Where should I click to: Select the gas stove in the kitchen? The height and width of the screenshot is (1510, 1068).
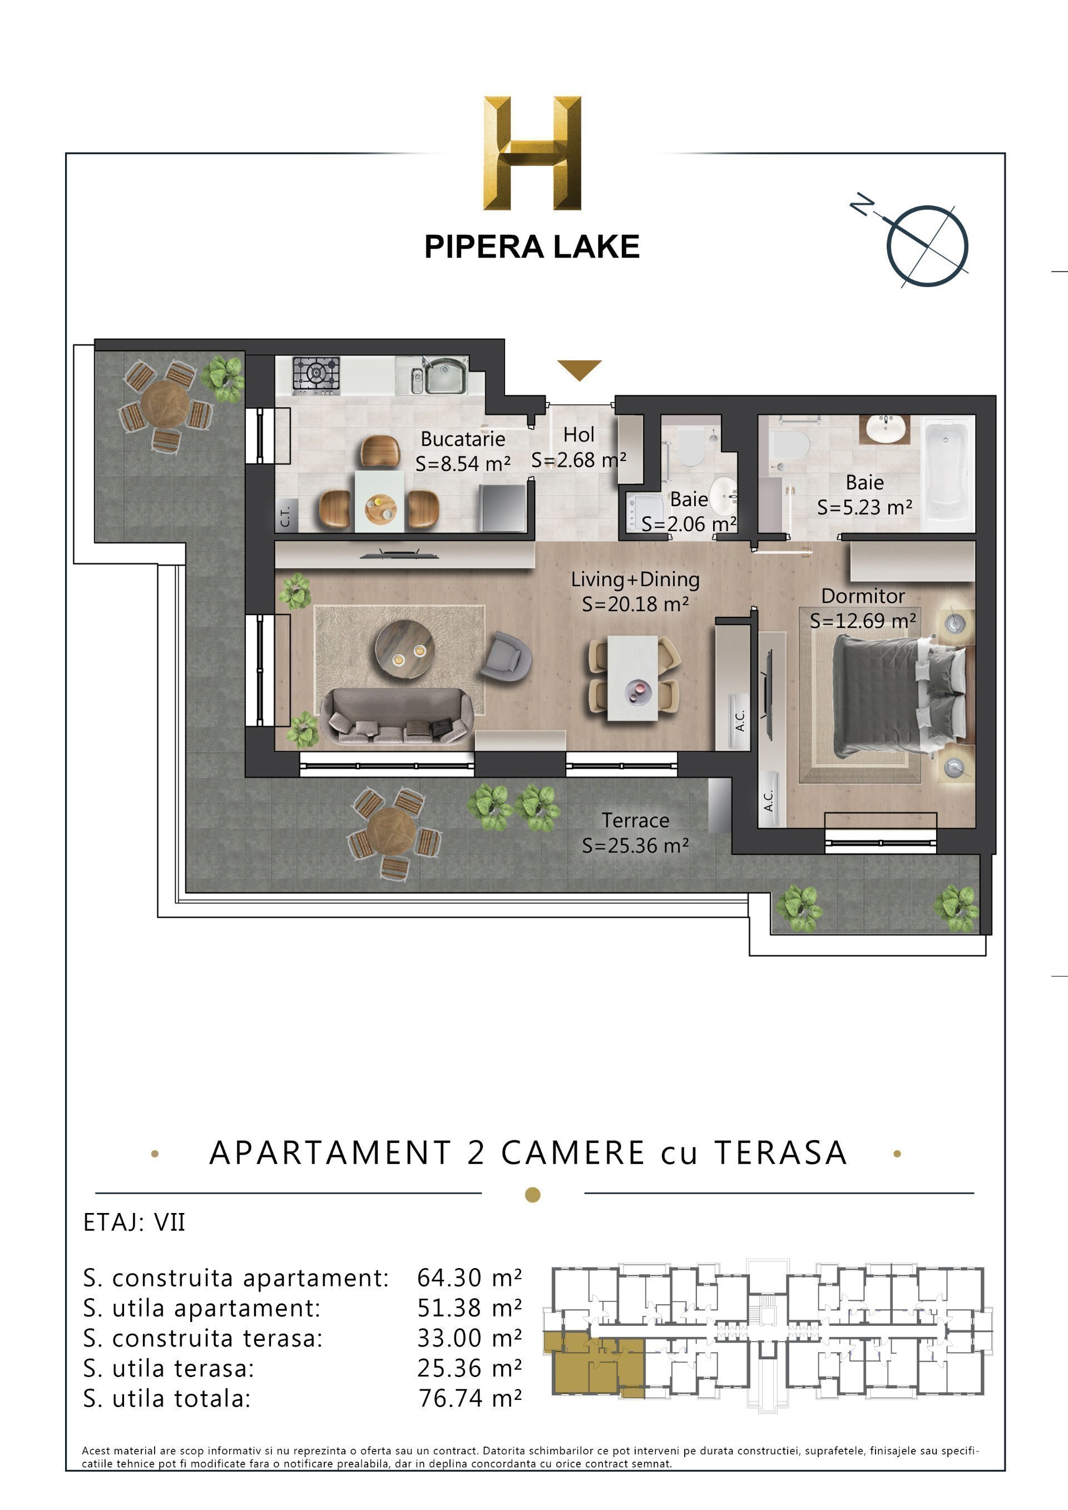coord(317,375)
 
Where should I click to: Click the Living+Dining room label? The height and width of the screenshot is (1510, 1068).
coord(635,580)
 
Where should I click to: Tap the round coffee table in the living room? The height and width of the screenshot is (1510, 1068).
coord(404,650)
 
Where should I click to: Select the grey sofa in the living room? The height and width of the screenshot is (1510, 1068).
coord(397,718)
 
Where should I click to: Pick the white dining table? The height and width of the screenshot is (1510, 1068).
coord(632,678)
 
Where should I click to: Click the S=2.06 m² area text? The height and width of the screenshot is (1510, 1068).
coord(688,524)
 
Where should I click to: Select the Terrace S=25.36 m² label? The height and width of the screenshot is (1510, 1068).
coord(635,833)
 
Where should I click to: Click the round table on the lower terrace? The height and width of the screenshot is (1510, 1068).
coord(390,832)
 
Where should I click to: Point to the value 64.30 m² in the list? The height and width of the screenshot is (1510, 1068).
coord(469,1278)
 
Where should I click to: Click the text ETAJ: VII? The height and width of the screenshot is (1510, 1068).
coord(134,1222)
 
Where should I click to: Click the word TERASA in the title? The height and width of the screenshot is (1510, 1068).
coord(780,1153)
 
